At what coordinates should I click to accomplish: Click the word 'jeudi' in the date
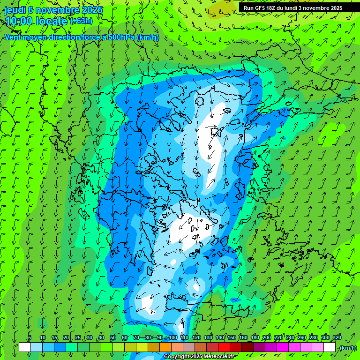coord(15,10)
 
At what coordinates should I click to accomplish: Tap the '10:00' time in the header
coord(18,21)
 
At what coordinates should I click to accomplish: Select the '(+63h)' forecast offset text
coord(81,21)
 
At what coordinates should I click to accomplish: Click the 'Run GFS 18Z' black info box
coord(292,7)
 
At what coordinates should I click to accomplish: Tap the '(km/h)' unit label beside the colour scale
coord(347,347)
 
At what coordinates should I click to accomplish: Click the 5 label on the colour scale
coord(30,337)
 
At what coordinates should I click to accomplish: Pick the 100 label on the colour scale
coord(173,337)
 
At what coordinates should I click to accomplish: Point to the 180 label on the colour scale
coord(255,337)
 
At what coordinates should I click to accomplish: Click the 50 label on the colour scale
coord(112,337)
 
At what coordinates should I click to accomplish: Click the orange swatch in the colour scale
coord(165,347)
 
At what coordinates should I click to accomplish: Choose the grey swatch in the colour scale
coord(189,347)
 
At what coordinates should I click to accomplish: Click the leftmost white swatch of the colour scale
coord(25,347)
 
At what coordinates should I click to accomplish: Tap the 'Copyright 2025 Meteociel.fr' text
coord(200,356)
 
